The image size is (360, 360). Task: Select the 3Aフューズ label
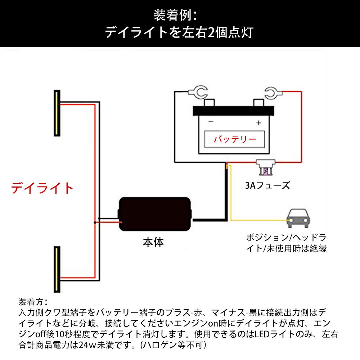(x=267, y=185)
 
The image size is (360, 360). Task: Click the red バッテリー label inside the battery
(x=235, y=139)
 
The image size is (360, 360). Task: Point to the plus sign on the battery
(x=258, y=123)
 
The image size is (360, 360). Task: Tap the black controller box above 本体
(x=155, y=215)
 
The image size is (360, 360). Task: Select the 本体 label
(x=153, y=242)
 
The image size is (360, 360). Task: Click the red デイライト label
(x=42, y=188)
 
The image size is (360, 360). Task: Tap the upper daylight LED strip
(x=57, y=113)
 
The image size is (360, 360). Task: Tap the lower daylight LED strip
(x=57, y=269)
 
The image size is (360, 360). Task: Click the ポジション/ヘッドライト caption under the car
(x=286, y=243)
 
